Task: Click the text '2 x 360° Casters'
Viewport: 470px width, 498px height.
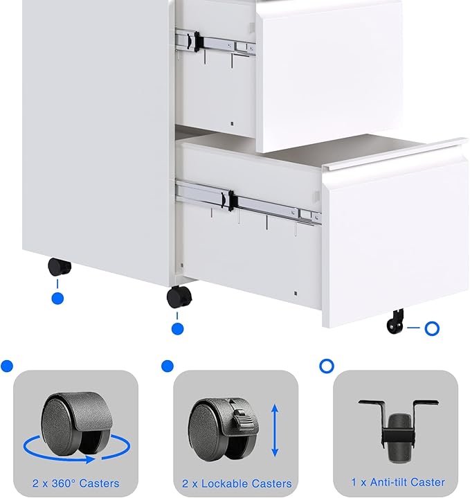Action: point(75,483)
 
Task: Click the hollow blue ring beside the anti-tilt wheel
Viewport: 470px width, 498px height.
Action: point(432,328)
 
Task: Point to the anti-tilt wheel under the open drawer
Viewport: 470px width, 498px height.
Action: point(395,322)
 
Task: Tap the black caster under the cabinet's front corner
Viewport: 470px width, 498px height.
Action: point(178,297)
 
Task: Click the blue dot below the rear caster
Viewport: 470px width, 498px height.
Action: point(58,299)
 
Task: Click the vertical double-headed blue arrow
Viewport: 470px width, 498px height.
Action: point(275,431)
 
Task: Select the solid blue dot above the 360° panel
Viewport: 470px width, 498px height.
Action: point(7,366)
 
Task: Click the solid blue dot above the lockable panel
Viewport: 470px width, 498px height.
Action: point(167,365)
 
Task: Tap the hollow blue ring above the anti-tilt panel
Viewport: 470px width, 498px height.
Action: point(326,365)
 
